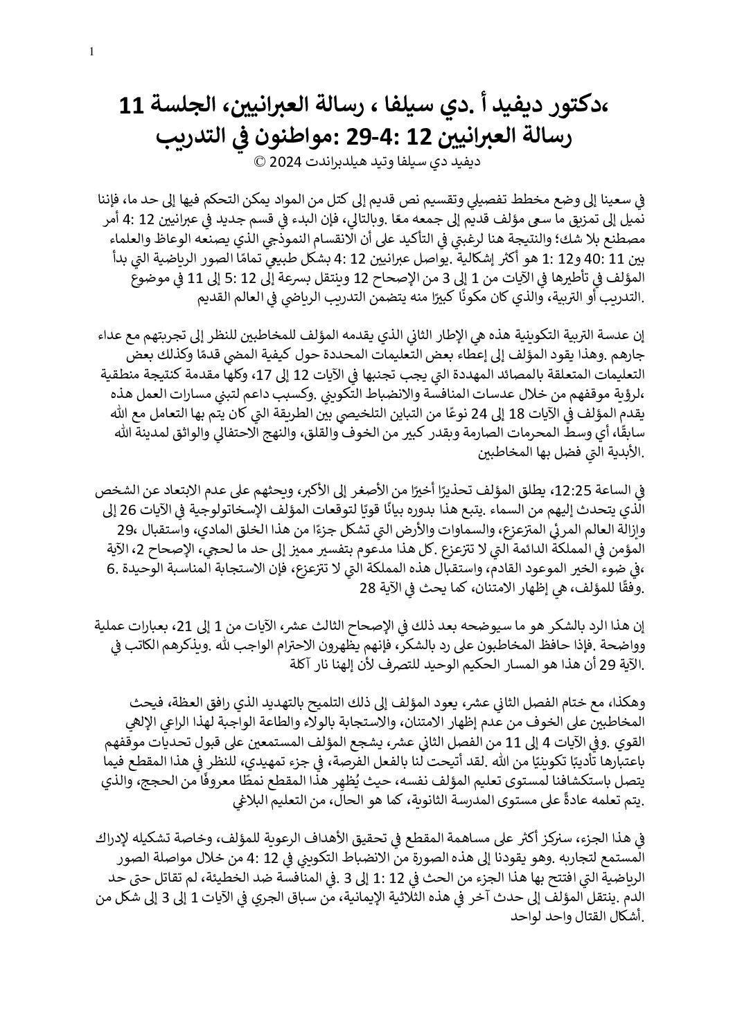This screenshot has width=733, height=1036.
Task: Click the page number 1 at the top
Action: point(92,52)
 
